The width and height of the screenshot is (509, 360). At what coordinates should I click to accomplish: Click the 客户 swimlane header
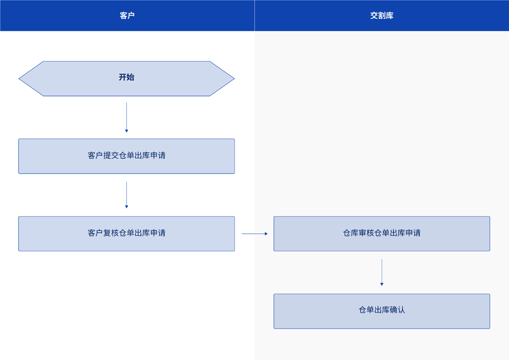[127, 16]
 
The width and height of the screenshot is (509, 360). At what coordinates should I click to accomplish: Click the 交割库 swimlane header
[381, 16]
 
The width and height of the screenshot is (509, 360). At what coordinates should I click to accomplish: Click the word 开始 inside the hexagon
[127, 77]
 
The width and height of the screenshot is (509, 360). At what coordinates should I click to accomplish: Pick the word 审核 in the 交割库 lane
[367, 233]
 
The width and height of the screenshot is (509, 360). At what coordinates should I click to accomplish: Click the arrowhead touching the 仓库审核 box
[266, 234]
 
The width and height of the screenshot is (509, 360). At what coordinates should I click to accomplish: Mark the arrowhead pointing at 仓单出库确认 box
[382, 284]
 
